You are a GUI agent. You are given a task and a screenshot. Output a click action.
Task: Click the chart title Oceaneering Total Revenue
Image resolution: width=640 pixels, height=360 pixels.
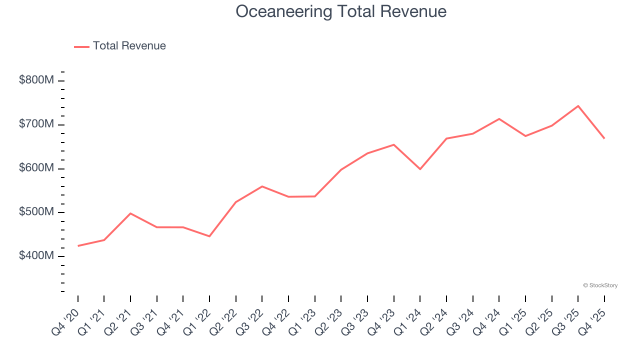[x=341, y=11]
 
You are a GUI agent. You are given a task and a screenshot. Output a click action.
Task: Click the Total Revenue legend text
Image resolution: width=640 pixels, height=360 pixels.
[x=129, y=46]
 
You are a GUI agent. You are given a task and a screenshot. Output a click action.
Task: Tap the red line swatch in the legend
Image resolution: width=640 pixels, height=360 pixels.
[x=81, y=46]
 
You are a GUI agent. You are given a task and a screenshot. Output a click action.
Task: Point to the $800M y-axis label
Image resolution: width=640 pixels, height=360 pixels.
[x=36, y=80]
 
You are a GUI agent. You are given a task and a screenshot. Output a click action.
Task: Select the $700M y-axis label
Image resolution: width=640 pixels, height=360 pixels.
[x=36, y=124]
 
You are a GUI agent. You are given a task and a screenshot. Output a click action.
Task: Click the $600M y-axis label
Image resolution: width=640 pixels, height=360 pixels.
[x=36, y=168]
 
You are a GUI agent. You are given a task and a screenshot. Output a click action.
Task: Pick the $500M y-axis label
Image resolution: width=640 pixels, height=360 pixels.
[x=36, y=212]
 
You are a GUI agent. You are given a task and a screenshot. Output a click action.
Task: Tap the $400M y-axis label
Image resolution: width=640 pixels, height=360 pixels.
[x=36, y=256]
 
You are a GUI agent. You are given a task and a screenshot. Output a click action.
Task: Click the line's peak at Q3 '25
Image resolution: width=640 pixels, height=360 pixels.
[x=578, y=106]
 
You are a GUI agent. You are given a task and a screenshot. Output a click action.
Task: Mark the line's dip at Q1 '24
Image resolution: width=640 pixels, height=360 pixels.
[x=420, y=169]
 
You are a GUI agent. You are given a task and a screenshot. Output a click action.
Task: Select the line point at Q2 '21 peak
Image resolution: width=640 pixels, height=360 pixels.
[x=130, y=213]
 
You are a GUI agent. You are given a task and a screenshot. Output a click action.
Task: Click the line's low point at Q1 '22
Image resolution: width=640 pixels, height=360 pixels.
[x=209, y=236]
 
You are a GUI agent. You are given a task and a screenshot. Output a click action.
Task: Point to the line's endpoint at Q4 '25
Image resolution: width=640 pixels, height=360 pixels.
[x=604, y=138]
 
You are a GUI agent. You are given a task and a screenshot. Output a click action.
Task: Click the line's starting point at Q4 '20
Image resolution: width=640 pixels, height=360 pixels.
[x=78, y=246]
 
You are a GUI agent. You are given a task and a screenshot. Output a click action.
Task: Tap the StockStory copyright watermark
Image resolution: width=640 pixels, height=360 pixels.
[x=600, y=285]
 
